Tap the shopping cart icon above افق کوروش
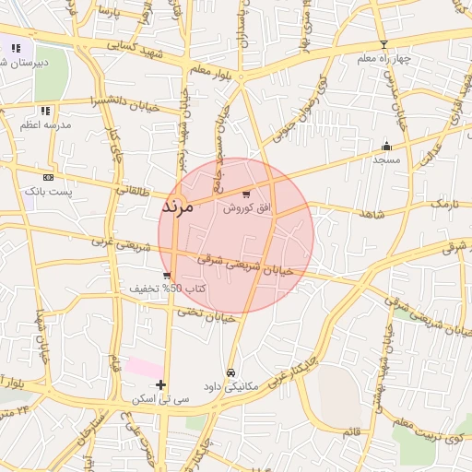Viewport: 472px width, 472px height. [x=245, y=195]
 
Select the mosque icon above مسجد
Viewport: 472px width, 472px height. [x=386, y=146]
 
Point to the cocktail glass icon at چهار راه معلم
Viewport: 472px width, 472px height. [x=384, y=44]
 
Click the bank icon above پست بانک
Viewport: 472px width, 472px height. [x=48, y=177]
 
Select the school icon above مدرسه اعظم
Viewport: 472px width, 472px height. [x=46, y=112]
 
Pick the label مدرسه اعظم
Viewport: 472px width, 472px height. [x=42, y=126]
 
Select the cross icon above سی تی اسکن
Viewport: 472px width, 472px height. [x=160, y=384]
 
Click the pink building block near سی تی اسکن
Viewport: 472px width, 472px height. [x=145, y=367]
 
